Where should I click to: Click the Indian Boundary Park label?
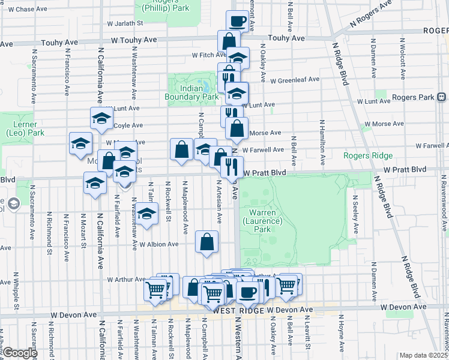(x=191, y=92)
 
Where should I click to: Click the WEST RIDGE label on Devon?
(x=234, y=310)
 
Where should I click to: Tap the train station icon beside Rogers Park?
(x=441, y=97)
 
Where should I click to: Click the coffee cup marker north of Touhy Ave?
(x=237, y=22)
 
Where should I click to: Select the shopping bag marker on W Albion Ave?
(x=206, y=242)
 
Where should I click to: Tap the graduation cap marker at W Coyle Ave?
(x=101, y=118)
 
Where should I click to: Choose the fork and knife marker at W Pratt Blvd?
(x=232, y=166)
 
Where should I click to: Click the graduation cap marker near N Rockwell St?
(x=146, y=214)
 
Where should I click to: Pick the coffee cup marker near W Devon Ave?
(x=247, y=292)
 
